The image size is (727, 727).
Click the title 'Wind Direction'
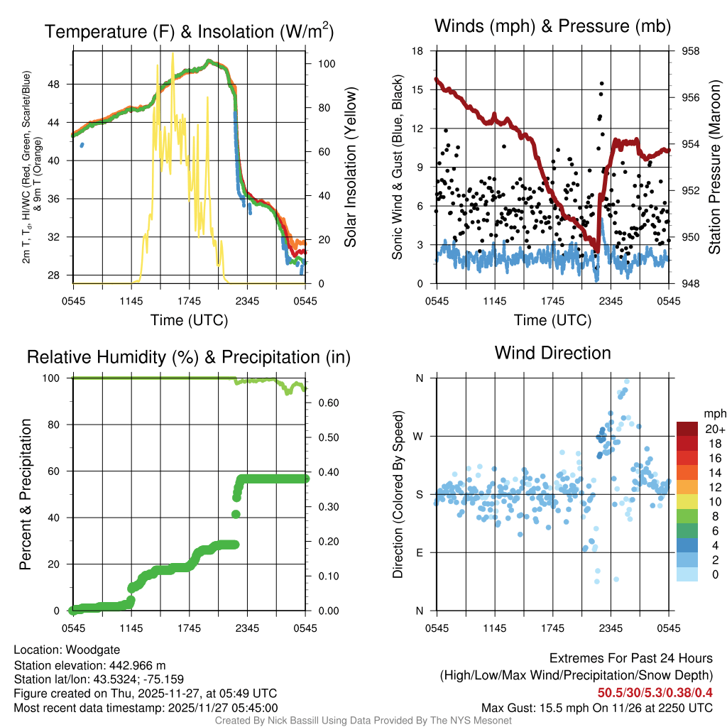552,353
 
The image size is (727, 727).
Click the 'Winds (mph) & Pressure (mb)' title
552,27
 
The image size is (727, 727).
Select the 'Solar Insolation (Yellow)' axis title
350,168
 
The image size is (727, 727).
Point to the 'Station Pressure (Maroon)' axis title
714,168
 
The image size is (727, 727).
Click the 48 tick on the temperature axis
61,84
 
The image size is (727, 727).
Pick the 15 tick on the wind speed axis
418,90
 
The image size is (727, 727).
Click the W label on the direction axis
418,436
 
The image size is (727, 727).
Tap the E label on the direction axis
419,552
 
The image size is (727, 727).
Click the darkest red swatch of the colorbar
687,429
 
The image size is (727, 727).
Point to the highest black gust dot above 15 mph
602,84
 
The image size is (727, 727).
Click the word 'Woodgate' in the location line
91,650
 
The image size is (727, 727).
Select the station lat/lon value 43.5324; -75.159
138,679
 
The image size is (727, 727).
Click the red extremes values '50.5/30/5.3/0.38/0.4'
655,692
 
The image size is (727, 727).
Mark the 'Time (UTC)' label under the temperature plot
189,320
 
